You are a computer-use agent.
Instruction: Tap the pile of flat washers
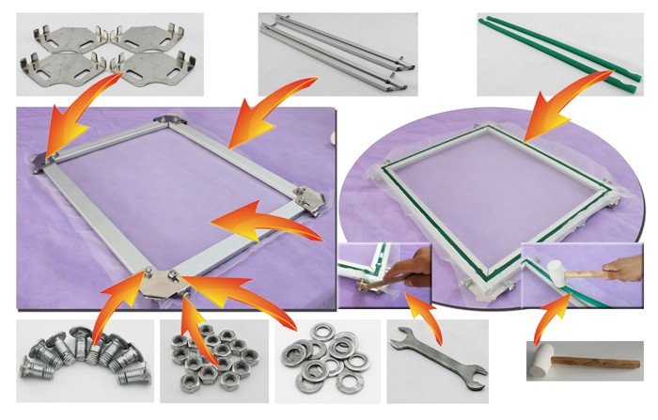(x=326, y=358)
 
